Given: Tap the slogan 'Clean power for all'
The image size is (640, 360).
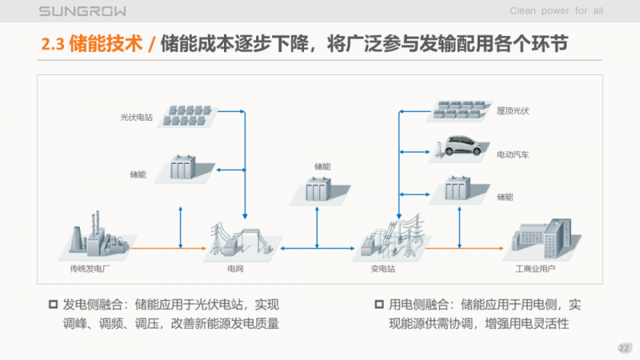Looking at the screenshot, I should (x=557, y=11).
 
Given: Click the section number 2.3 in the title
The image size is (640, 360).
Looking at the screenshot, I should (x=53, y=43).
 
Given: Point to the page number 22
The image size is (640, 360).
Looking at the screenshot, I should (x=624, y=347).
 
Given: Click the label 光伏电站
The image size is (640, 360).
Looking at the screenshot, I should (x=136, y=117).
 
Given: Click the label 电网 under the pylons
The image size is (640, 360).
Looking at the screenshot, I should (x=235, y=269).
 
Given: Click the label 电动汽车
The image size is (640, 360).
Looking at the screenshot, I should (x=513, y=153).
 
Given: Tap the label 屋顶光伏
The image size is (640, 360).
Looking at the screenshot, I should (x=513, y=110).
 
